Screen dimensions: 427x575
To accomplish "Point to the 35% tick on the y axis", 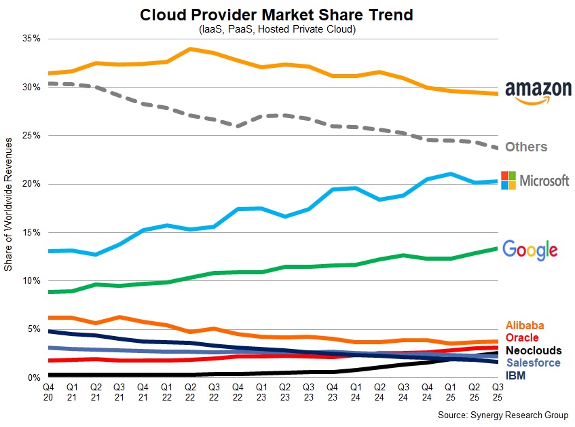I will pos(33,39).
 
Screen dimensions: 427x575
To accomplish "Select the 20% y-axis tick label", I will pos(33,184).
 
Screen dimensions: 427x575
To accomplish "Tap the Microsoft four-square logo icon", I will pos(508,181).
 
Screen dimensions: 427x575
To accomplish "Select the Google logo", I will pos(530,250).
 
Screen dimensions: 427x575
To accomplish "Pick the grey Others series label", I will pos(526,147).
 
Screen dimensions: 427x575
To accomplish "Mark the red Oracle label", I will pos(522,338).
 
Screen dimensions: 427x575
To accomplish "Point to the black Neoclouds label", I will pos(534,350).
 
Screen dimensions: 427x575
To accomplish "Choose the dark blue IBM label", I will pos(515,375).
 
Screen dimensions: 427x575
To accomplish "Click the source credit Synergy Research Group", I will pos(503,415).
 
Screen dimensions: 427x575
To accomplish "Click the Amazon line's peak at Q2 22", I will pos(189,49).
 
